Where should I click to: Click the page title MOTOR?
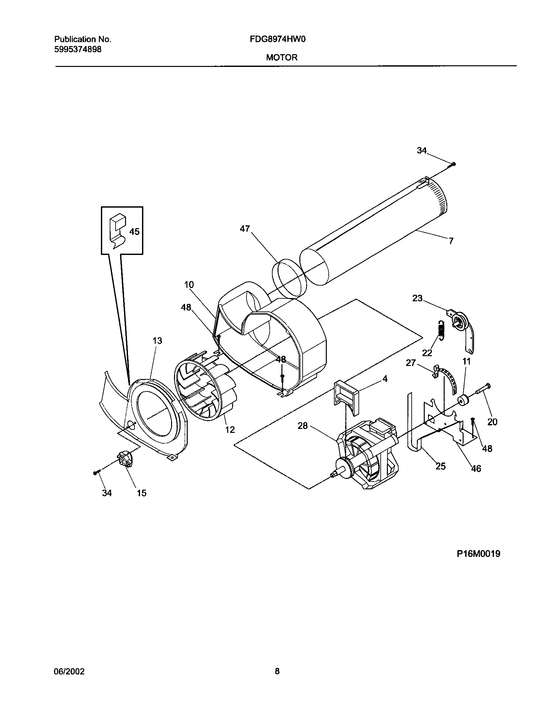(x=281, y=58)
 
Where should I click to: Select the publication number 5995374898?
(x=78, y=49)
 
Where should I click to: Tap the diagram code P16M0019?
(x=478, y=554)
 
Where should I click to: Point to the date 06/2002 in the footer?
(x=69, y=671)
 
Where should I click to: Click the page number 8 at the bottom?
(x=277, y=671)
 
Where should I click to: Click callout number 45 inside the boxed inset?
(x=134, y=232)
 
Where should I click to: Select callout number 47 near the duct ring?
(x=245, y=229)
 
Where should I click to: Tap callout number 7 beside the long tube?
(x=451, y=241)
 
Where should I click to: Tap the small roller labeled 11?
(x=462, y=400)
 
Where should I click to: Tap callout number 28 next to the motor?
(x=303, y=426)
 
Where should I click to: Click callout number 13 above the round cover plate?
(x=157, y=341)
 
